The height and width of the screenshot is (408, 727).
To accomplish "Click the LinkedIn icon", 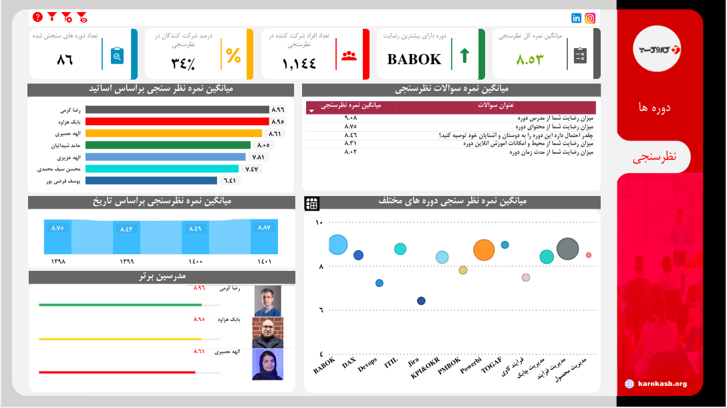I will coord(577,18).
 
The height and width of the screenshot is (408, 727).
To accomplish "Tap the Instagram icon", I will coord(590,18).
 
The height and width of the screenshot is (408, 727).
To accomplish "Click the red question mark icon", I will coord(37,17).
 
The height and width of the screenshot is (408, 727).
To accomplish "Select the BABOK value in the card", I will coord(414,59).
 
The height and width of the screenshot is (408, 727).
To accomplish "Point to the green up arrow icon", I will coord(462,55).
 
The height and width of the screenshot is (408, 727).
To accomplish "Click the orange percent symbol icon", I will coord(233,56).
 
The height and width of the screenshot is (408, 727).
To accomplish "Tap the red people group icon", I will coord(349,56).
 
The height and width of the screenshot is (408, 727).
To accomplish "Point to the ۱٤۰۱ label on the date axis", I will coord(264,261).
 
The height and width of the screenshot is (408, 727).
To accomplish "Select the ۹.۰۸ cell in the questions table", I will coord(351,118).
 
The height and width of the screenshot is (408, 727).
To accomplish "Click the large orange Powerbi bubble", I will coord(483,250).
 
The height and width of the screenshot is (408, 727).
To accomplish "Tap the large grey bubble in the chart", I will coord(567,249).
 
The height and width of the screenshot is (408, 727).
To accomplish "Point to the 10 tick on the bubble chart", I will coord(319,223).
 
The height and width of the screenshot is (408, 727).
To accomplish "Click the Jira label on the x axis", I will coord(414,363).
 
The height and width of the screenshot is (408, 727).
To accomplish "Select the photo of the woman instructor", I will coord(267,365).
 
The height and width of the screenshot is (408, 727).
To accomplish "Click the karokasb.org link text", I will coord(662,383).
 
